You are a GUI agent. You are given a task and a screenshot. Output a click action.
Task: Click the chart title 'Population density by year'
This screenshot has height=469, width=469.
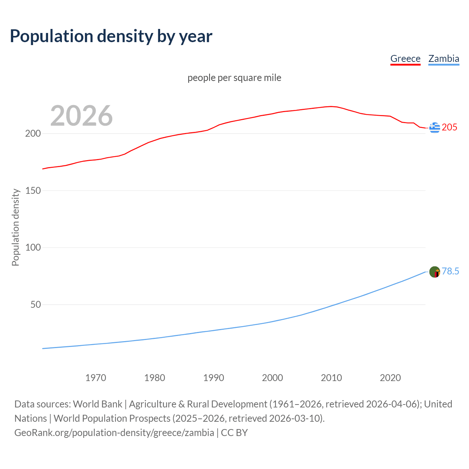pos(111,36)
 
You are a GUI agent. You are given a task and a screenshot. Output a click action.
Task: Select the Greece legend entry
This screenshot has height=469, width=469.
pos(405,59)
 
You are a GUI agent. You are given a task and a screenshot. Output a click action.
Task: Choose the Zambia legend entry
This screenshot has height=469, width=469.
pos(444,59)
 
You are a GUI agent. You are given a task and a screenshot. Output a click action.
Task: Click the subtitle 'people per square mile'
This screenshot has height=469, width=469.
pos(234,78)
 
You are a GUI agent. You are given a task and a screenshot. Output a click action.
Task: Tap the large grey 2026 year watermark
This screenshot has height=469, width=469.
pos(81,116)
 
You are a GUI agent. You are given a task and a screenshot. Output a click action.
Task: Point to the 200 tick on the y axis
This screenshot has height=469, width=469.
pos(33,133)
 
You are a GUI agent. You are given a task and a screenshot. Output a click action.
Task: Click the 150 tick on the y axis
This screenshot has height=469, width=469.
pos(33,191)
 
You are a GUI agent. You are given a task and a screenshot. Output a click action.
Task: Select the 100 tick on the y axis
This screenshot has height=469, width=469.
pos(33,247)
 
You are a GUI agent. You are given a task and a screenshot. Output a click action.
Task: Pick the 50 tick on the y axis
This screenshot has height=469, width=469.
pos(35,304)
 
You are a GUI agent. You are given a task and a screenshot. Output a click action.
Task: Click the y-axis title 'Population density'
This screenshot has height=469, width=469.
pos(15,227)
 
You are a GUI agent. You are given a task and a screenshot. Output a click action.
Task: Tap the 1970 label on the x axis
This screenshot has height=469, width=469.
pos(96,378)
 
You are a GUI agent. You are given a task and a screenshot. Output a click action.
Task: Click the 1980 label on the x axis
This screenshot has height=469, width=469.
pos(155,378)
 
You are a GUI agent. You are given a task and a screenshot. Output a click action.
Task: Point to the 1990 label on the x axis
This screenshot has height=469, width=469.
pos(214,378)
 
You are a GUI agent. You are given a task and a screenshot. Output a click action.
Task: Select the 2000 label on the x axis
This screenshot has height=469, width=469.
pos(272,378)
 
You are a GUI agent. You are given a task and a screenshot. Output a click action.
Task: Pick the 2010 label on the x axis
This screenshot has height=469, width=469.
pos(331,378)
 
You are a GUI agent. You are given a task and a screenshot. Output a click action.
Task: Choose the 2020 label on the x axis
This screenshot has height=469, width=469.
pos(390,378)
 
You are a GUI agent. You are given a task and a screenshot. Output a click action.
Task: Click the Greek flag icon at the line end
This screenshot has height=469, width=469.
pos(435,128)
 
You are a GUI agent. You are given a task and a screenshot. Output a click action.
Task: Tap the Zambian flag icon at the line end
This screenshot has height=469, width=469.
pos(435,272)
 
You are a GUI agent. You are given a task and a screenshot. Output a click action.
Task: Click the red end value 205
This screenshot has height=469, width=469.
pos(450,127)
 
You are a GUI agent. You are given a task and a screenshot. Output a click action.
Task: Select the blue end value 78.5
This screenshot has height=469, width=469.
pos(450,271)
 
